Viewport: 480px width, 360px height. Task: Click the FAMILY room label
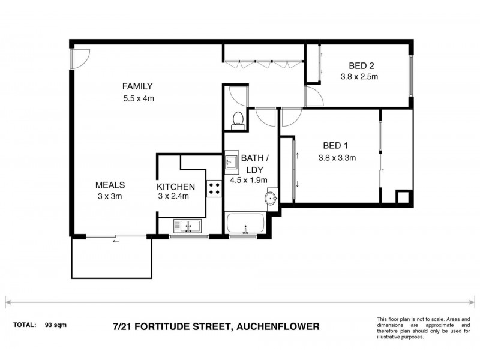click(x=138, y=86)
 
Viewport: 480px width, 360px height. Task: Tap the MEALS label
click(x=110, y=185)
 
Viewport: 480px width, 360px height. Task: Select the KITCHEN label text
click(x=176, y=187)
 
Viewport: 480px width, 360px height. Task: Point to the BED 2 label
click(x=360, y=66)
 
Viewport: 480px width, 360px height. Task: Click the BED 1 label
click(x=335, y=145)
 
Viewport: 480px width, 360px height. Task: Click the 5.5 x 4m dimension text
click(x=138, y=98)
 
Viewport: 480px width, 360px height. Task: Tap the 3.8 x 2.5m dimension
click(x=360, y=77)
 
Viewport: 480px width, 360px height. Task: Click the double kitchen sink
click(x=188, y=226)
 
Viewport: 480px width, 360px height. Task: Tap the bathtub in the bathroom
click(x=245, y=224)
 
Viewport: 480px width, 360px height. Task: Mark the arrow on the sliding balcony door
click(x=115, y=241)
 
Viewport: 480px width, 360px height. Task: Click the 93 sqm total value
click(x=56, y=325)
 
